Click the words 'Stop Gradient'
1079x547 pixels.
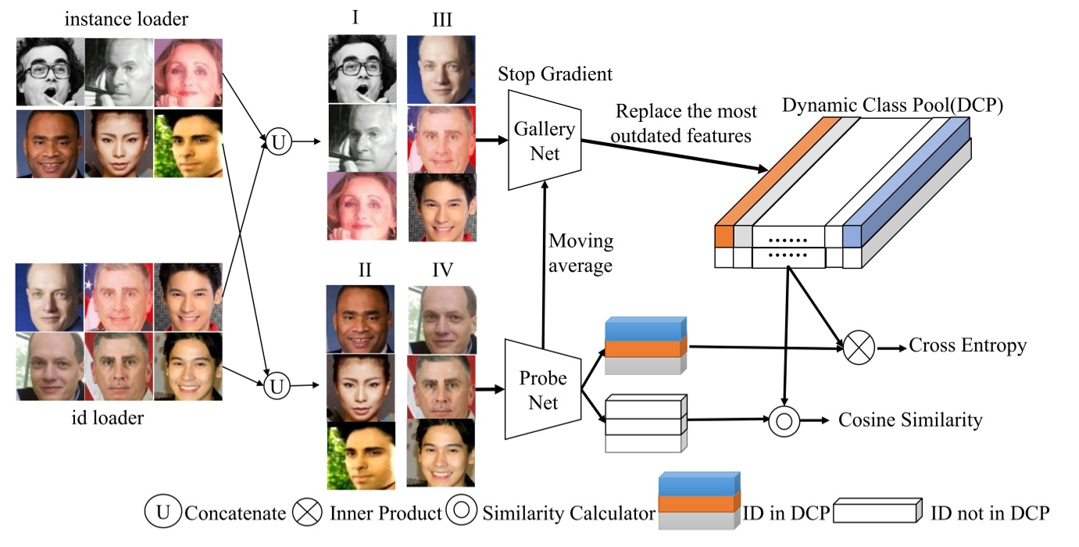[556, 74]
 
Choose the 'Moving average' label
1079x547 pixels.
[581, 254]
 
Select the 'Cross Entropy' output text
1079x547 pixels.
[967, 345]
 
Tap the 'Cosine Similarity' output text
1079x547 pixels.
[910, 420]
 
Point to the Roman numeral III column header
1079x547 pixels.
[441, 20]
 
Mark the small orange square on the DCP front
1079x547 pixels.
[724, 235]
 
